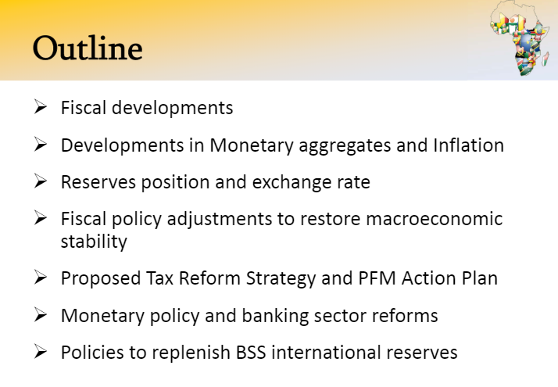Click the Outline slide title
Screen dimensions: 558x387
tap(88, 48)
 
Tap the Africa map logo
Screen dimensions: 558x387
tap(520, 38)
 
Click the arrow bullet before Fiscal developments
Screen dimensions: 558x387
tap(41, 106)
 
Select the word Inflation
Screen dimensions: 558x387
tap(468, 145)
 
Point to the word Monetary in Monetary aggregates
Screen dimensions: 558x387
tap(251, 146)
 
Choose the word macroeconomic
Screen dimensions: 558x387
tap(435, 219)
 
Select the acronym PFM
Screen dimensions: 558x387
tap(377, 278)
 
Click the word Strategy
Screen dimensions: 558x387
tap(281, 279)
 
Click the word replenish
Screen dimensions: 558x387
tap(191, 353)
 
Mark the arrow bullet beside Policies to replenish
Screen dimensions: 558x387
tap(41, 351)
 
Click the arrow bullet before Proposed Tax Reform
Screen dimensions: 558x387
tap(41, 277)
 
